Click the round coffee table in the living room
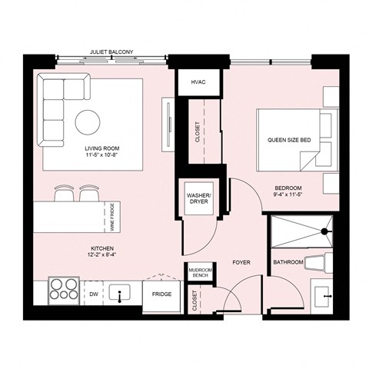(86, 120)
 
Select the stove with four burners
(59, 292)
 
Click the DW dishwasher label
(93, 293)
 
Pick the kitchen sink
(120, 293)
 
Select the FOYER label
(242, 262)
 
